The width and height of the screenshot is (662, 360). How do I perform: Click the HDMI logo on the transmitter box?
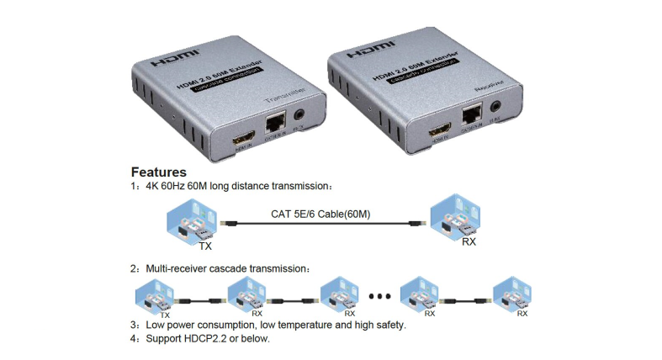coord(174,62)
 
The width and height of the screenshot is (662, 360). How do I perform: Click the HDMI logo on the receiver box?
coord(368,50)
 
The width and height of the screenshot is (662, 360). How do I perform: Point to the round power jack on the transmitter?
coord(298,114)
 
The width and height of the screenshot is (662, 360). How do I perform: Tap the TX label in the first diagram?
coord(204,247)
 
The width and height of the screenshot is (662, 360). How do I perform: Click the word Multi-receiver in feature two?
coord(171,268)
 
